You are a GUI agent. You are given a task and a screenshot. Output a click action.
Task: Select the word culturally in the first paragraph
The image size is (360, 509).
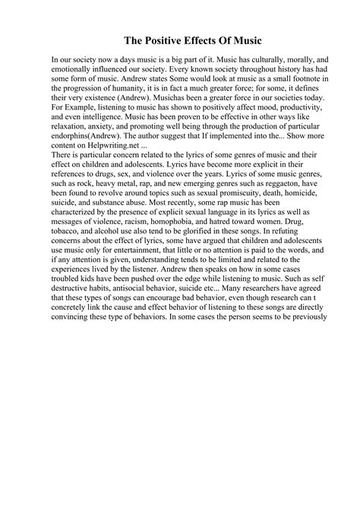tap(250, 58)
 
